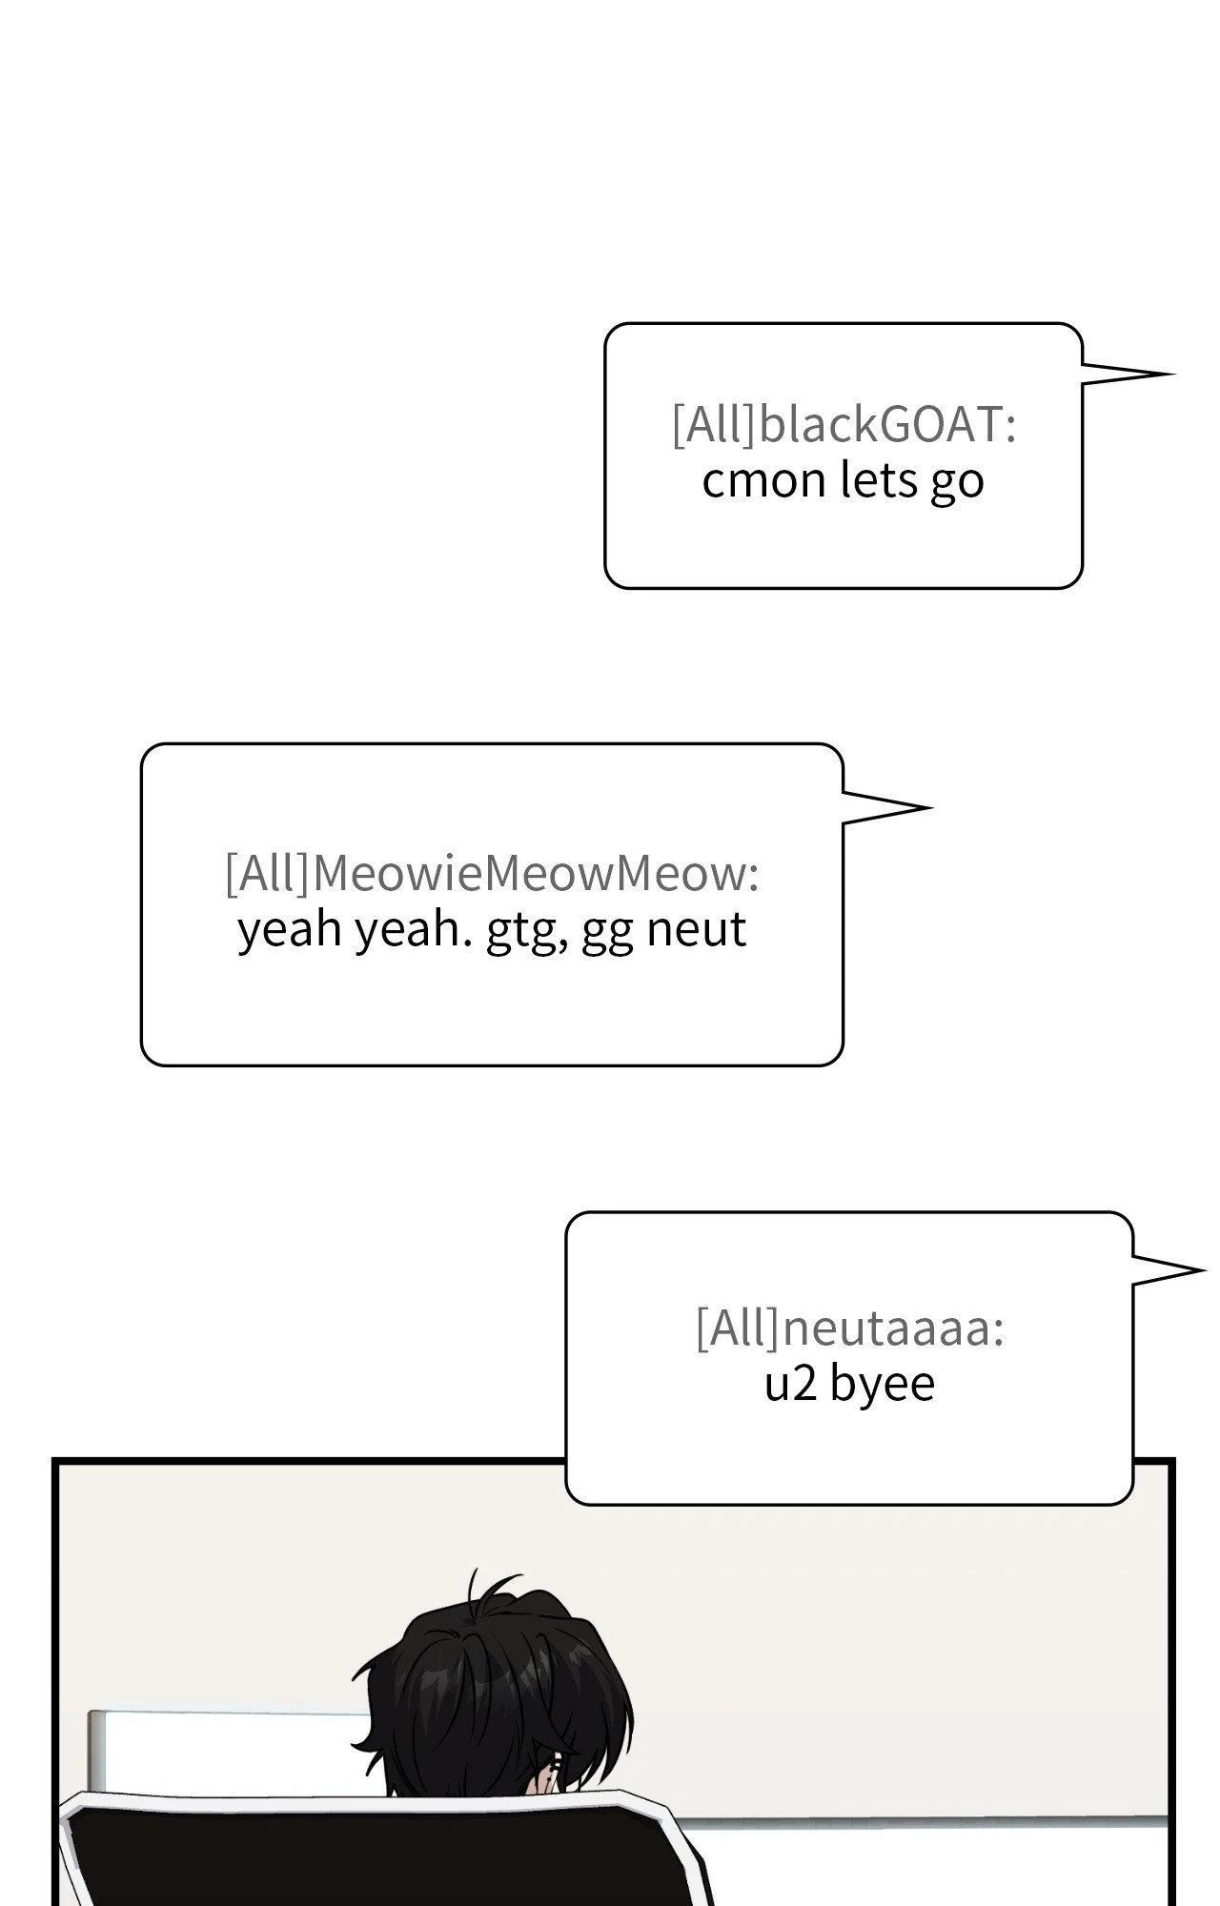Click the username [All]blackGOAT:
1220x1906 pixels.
click(844, 425)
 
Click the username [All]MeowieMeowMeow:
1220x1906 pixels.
click(492, 873)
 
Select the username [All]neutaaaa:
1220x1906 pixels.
click(849, 1328)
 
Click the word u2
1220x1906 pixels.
click(790, 1384)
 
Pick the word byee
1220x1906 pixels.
click(882, 1385)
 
